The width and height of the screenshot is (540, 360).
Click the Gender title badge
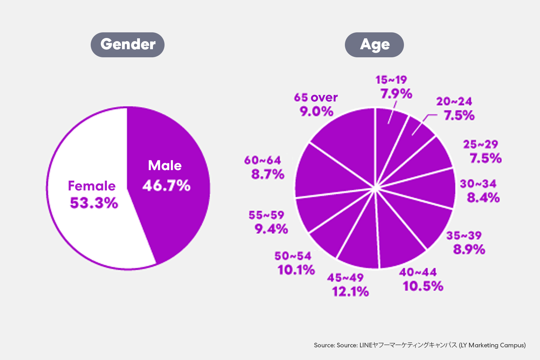tap(128, 45)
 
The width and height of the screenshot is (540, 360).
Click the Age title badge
tap(374, 45)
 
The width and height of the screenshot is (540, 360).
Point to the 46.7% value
tap(166, 185)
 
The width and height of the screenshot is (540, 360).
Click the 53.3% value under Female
tap(94, 203)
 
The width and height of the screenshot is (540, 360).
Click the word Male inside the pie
tap(165, 166)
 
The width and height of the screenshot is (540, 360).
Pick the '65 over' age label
tap(316, 97)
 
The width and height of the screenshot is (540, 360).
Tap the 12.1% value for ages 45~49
tap(351, 291)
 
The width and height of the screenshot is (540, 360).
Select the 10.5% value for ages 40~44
tap(423, 286)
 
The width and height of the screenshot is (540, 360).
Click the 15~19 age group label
tap(391, 80)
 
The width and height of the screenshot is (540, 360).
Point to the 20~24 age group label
tap(454, 102)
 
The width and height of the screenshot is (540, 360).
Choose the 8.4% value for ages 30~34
tap(483, 198)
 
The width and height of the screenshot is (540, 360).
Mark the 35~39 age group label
tap(464, 236)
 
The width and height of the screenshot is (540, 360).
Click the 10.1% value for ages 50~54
tap(296, 270)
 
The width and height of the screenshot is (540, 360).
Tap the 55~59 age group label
tap(266, 215)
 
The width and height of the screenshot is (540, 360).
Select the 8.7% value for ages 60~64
tap(268, 174)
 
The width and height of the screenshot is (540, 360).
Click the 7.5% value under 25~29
tap(486, 158)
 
